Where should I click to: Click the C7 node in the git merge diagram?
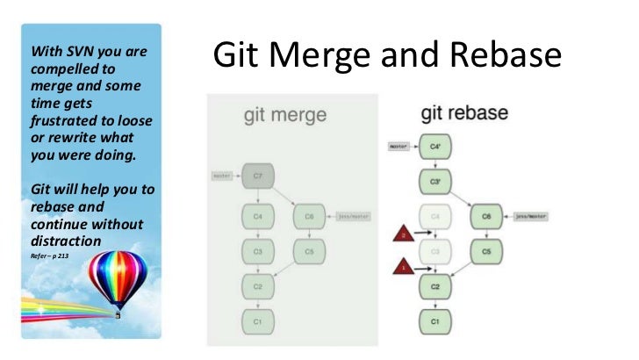click(x=258, y=176)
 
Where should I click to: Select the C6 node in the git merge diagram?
click(x=309, y=215)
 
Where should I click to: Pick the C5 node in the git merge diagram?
click(x=309, y=250)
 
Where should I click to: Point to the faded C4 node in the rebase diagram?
click(x=434, y=217)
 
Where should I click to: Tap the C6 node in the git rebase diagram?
click(x=485, y=216)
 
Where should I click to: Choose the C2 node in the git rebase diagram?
click(x=434, y=287)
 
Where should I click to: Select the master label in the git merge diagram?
click(x=222, y=176)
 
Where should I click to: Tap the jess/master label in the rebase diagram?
click(x=530, y=216)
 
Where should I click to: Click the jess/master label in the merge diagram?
click(x=350, y=215)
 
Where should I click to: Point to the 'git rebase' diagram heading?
click(x=464, y=114)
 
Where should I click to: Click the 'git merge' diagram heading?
click(x=284, y=115)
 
